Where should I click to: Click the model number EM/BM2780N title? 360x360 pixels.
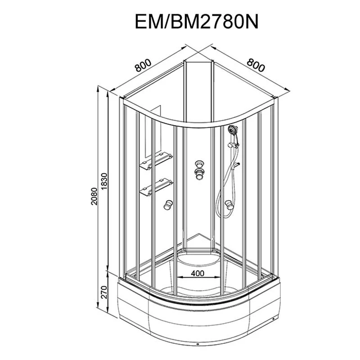(197, 21)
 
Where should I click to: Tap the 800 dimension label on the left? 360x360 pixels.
(143, 65)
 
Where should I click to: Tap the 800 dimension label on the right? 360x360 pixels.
(256, 65)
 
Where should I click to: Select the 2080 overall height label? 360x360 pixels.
(94, 196)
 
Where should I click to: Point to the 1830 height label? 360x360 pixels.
(104, 181)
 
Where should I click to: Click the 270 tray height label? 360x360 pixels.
(104, 292)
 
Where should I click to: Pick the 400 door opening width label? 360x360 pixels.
(198, 273)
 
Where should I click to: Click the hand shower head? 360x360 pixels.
(233, 130)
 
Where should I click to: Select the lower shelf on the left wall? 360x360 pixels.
(156, 187)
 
